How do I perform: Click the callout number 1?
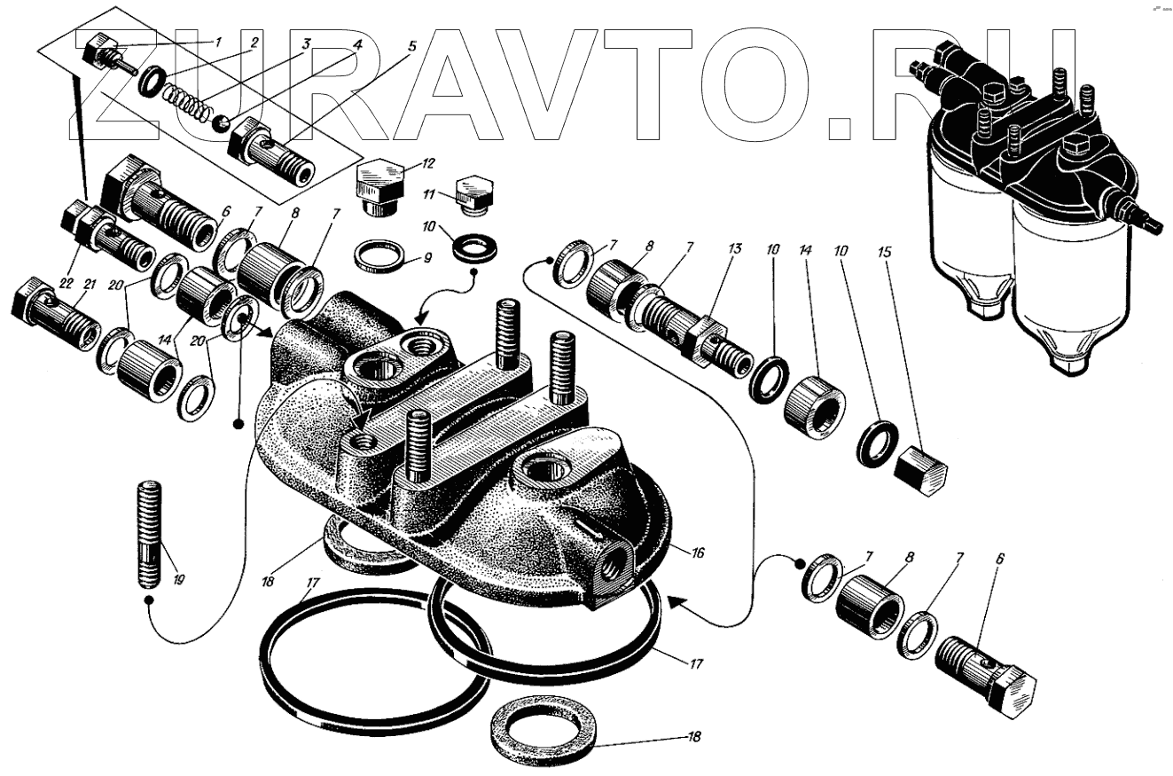tap(218, 41)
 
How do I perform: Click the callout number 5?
tap(412, 46)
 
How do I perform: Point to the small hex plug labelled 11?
tap(473, 198)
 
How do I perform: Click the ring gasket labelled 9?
tap(380, 255)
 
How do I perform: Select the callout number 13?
tap(734, 247)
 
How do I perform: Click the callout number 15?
tap(883, 252)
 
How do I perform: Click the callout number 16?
tap(697, 553)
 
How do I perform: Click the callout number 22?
tap(66, 284)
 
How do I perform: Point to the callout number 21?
tap(90, 284)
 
